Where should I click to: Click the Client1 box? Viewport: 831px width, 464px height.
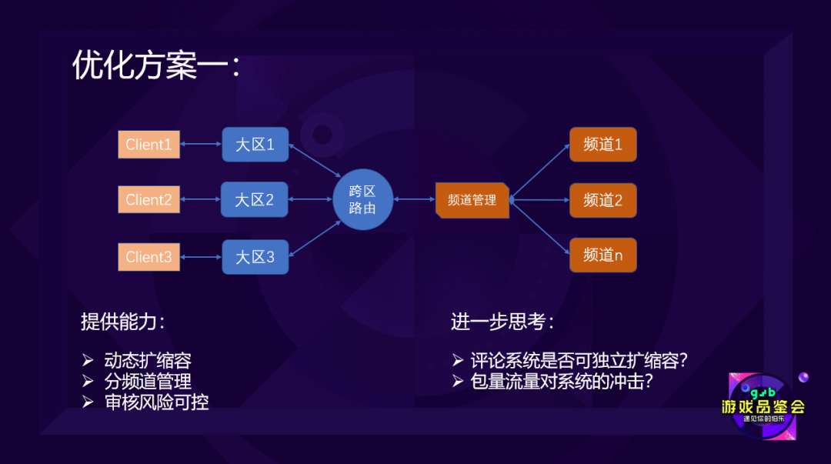tap(149, 145)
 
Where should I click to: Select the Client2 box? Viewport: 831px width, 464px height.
tap(149, 200)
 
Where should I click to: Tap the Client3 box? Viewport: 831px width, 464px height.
tap(149, 257)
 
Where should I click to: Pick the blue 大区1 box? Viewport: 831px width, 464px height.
tap(255, 145)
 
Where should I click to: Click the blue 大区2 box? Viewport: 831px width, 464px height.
tap(255, 200)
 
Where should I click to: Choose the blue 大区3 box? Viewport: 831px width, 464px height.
tap(255, 257)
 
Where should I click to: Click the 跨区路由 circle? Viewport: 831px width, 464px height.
tap(362, 199)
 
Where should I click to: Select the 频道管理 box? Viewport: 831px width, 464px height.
tap(472, 200)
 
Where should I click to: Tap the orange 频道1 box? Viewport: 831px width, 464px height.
tap(602, 145)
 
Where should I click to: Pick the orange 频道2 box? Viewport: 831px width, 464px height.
tap(602, 200)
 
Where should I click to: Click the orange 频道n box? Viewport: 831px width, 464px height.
tap(602, 255)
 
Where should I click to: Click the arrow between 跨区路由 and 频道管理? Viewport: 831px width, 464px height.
tap(414, 200)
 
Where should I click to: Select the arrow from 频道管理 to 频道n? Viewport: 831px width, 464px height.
tap(540, 227)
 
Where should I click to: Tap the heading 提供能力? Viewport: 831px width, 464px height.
tap(122, 322)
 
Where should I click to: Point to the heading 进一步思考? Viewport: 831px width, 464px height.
tap(502, 322)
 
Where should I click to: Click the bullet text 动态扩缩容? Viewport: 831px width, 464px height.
tap(148, 360)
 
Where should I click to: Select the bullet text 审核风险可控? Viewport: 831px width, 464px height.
tap(156, 401)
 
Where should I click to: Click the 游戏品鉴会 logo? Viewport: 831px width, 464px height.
tap(763, 406)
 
